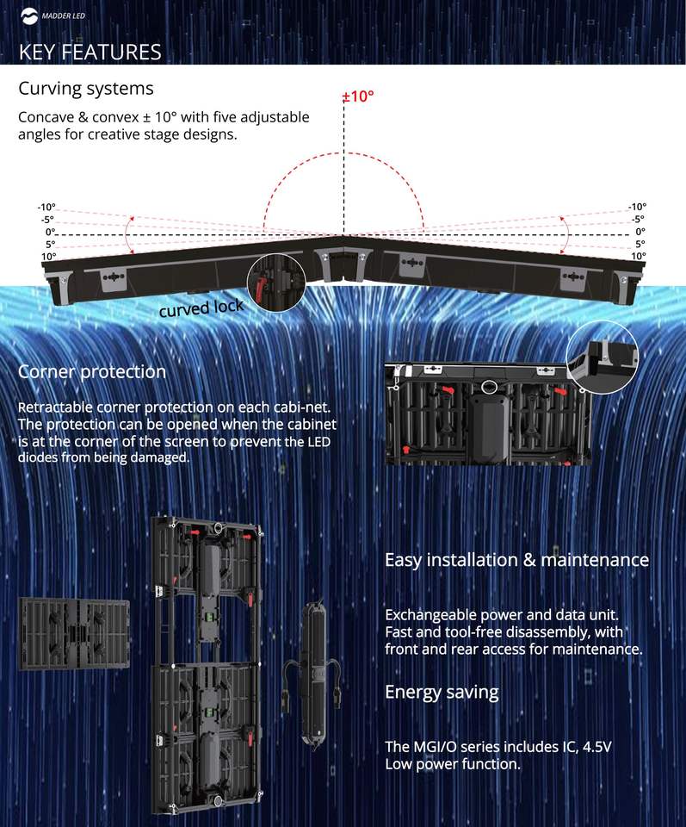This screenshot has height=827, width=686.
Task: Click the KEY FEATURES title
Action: [90, 52]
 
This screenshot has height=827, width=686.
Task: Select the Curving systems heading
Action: [86, 89]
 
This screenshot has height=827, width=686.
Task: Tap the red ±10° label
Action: [357, 96]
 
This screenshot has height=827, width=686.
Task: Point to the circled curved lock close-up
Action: [276, 282]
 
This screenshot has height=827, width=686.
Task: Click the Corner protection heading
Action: [92, 372]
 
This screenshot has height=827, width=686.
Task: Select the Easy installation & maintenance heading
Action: [516, 560]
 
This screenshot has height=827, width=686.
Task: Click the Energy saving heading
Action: [442, 692]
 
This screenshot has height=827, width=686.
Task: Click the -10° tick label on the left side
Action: [46, 207]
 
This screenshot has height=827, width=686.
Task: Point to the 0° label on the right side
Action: [640, 232]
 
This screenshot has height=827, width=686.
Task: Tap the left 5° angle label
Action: [49, 244]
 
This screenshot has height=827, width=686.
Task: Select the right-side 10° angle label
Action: [638, 256]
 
